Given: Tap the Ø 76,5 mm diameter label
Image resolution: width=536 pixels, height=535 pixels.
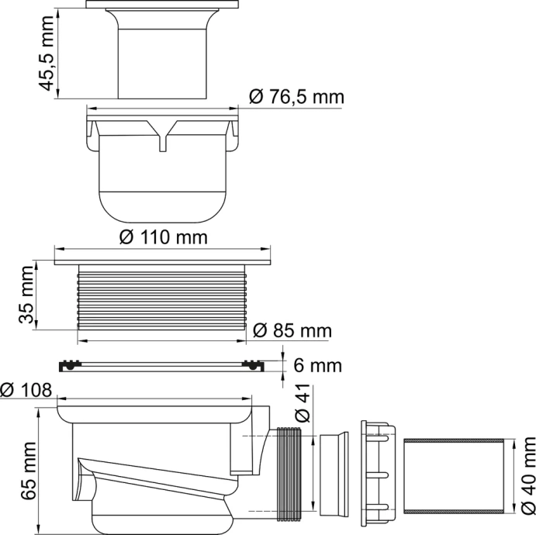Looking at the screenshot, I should point(297,98).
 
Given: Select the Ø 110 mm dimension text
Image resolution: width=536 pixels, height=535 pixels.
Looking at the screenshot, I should point(164,236).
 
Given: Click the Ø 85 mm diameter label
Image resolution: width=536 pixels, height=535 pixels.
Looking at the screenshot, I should point(292,331).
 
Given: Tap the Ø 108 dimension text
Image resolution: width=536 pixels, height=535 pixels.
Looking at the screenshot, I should point(26,389).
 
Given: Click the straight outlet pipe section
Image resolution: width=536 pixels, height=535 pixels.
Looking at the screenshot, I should point(455,474).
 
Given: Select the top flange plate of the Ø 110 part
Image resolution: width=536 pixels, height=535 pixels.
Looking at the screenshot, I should point(164,258).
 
